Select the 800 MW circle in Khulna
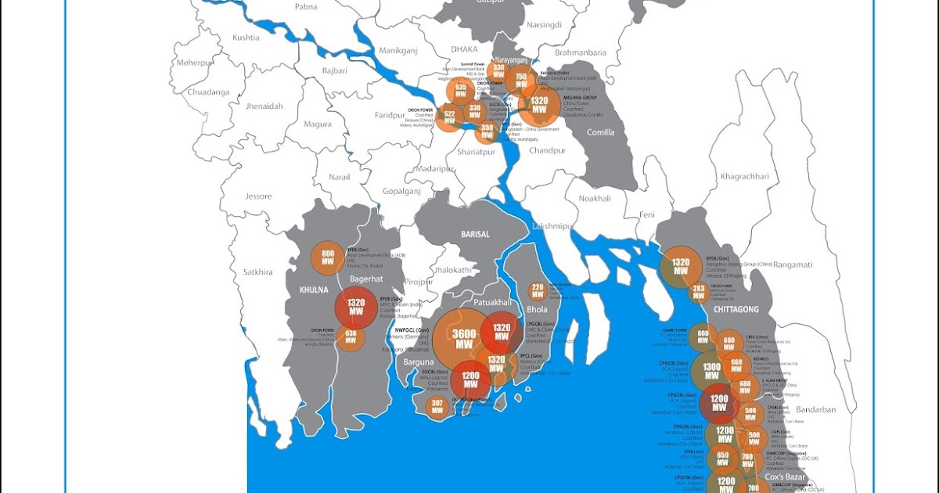[x=328, y=259]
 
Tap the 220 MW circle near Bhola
[x=538, y=292]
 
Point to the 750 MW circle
[x=520, y=81]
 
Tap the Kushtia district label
[x=246, y=38]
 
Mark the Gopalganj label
[x=401, y=191]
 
